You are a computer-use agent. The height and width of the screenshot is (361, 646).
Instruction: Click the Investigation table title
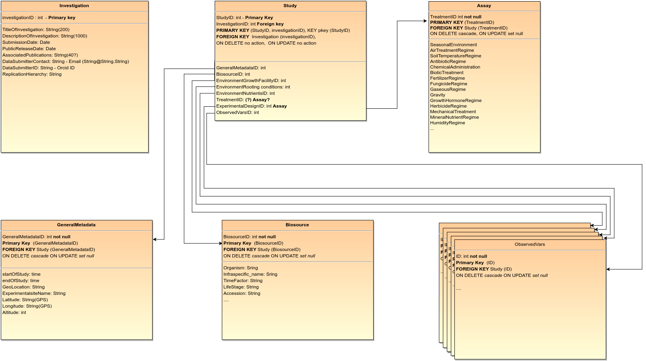click(74, 6)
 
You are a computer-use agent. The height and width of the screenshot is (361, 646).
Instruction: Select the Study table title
click(290, 6)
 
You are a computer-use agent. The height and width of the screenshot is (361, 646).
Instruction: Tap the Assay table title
click(484, 6)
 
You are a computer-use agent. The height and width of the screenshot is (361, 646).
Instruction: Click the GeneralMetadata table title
click(76, 225)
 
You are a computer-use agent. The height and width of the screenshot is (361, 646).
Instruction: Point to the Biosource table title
click(297, 225)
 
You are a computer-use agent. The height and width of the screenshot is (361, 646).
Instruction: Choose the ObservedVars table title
click(530, 245)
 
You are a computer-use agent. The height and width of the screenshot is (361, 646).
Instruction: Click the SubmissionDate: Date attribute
click(26, 42)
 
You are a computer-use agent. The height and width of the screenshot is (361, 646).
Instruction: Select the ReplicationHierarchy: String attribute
click(32, 74)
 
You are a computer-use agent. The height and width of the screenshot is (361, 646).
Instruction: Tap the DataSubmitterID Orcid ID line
click(39, 68)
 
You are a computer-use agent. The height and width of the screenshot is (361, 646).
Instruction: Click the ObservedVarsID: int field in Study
click(238, 112)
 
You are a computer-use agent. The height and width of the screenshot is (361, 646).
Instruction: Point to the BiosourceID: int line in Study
click(233, 74)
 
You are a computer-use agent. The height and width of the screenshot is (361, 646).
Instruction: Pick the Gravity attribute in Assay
click(438, 95)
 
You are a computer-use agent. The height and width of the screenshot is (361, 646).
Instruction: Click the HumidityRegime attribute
click(448, 123)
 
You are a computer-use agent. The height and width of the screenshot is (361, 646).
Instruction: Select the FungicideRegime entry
click(448, 84)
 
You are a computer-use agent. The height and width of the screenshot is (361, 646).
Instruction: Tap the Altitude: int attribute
click(14, 312)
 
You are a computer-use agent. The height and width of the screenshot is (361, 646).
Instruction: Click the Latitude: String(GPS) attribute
click(25, 300)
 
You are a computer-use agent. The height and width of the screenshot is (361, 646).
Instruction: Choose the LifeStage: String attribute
click(241, 287)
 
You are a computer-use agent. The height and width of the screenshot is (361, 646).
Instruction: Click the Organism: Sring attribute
click(241, 268)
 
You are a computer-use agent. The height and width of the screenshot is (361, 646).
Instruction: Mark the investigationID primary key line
click(39, 18)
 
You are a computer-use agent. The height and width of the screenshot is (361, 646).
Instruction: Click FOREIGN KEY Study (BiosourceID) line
click(262, 249)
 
